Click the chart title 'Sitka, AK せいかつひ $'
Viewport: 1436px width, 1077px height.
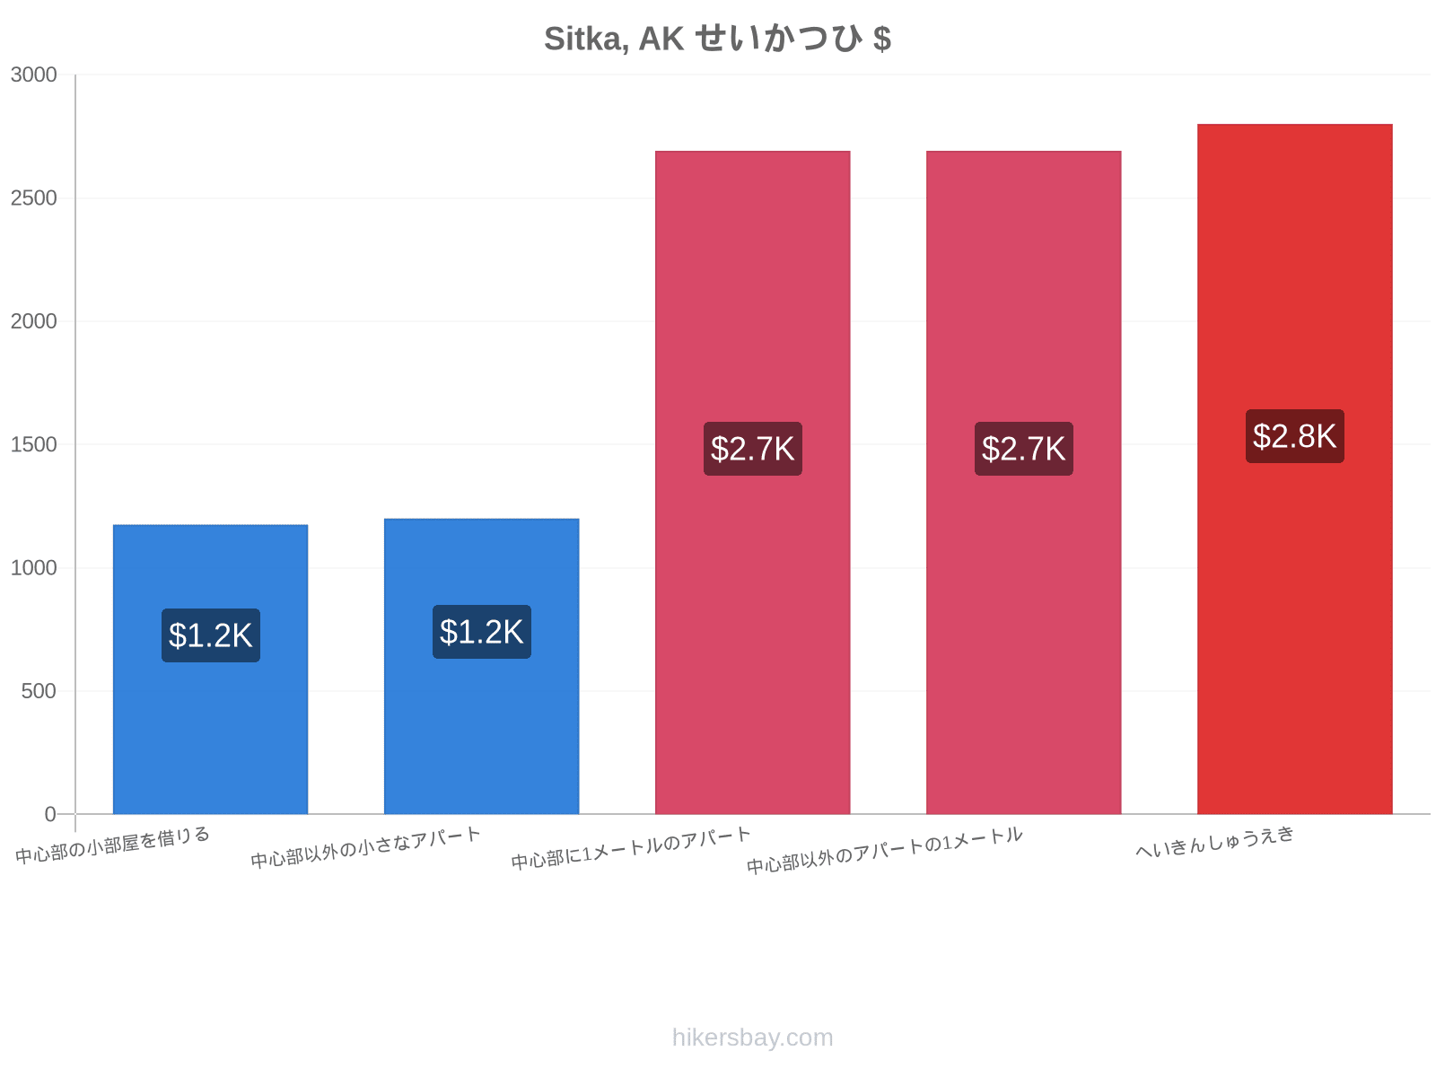pos(717,38)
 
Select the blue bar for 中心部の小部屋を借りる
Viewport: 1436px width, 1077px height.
pos(211,669)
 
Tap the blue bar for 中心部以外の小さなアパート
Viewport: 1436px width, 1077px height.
pos(481,666)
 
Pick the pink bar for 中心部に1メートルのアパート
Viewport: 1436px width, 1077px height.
pos(752,483)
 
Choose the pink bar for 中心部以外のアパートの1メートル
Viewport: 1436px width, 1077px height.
pos(1024,483)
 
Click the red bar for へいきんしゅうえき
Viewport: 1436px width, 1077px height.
pos(1295,468)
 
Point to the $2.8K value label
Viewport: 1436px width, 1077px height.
pos(1295,436)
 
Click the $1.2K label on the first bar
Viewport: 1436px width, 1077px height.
pos(211,635)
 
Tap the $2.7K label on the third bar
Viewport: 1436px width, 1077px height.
pos(752,449)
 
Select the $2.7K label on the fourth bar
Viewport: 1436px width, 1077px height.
pos(1024,449)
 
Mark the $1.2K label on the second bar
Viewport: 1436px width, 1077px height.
pos(481,632)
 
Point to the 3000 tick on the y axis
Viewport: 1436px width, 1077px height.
pos(33,74)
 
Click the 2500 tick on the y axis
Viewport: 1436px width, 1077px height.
pos(33,198)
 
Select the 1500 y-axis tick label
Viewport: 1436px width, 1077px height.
pos(33,444)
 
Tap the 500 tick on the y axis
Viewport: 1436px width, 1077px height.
pos(39,691)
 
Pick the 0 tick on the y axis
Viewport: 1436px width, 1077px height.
pos(50,814)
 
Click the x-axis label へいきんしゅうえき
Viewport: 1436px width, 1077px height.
pos(1215,842)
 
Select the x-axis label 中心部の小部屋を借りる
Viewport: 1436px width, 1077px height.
pos(112,845)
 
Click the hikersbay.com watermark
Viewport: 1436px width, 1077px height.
pos(752,1038)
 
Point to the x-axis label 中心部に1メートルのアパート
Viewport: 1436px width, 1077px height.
pos(631,847)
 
